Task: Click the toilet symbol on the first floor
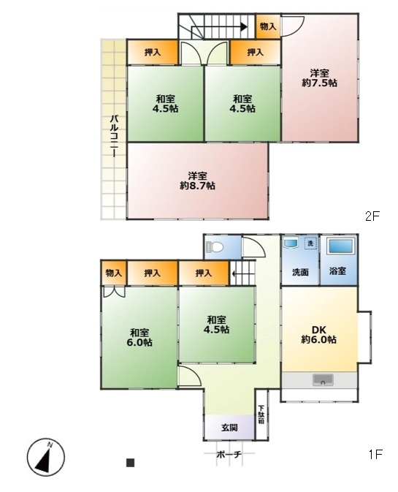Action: click(x=215, y=247)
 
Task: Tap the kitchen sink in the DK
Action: click(x=323, y=380)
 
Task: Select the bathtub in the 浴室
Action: click(x=341, y=246)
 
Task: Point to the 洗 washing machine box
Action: click(x=310, y=243)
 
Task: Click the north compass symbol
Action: click(x=46, y=456)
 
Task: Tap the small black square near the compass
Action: click(x=131, y=463)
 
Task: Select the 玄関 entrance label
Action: click(x=229, y=428)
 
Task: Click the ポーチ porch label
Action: click(x=229, y=454)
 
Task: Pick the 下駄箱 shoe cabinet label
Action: click(x=261, y=415)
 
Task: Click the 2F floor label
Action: click(x=372, y=216)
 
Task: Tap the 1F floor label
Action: click(x=375, y=454)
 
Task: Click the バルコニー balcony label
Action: click(x=115, y=136)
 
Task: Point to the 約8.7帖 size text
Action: click(x=197, y=186)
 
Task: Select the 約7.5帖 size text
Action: click(x=319, y=83)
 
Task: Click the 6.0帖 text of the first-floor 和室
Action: click(x=139, y=342)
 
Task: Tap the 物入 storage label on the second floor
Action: click(x=268, y=26)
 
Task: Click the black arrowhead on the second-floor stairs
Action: click(x=244, y=27)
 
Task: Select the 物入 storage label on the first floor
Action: click(x=113, y=273)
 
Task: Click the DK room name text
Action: click(x=319, y=330)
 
